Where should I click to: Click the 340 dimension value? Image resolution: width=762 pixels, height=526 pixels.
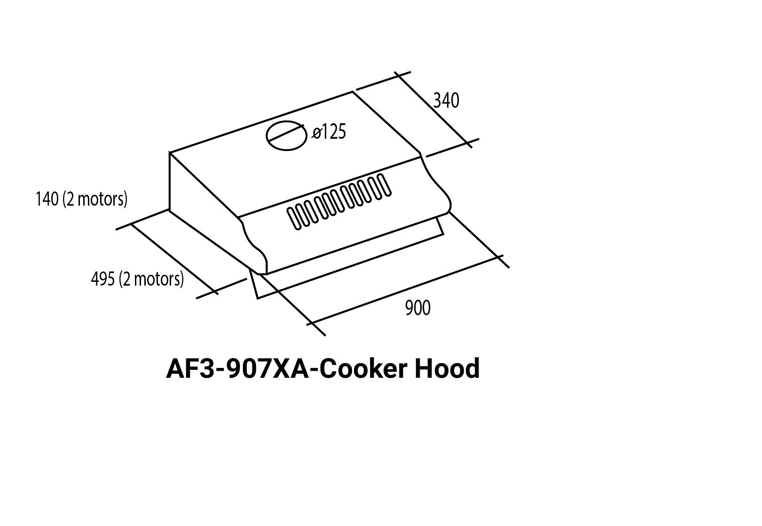coord(446,101)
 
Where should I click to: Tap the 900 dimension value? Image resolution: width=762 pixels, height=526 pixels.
coord(417,308)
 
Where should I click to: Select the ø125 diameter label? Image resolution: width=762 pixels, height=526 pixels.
coord(330,132)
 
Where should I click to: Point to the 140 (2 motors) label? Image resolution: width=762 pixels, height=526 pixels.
coord(81,199)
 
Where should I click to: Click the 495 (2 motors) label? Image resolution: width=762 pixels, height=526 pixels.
coord(137,279)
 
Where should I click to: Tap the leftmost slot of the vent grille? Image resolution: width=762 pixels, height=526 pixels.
coord(295,218)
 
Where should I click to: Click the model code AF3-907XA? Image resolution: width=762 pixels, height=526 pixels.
coord(237,368)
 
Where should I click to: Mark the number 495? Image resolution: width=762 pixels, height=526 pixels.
coord(102,279)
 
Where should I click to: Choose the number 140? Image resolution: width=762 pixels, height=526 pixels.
coord(47,199)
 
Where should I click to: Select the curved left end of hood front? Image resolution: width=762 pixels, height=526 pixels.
coord(254,245)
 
